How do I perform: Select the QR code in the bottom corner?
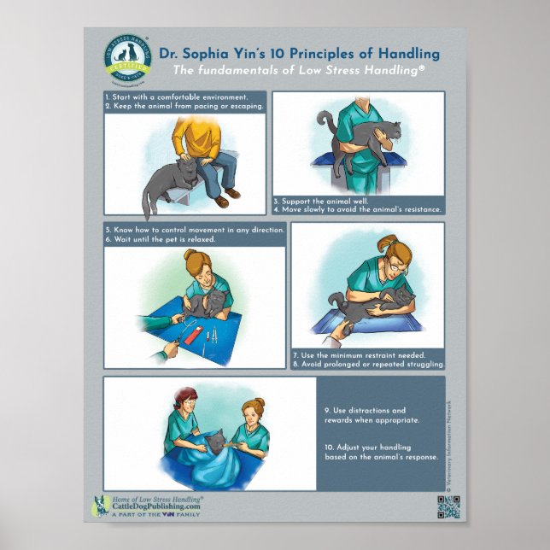point(448,506)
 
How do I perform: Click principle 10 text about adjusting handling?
point(381,451)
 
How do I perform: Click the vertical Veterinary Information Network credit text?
point(459,444)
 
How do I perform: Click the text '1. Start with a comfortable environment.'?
point(176,97)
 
